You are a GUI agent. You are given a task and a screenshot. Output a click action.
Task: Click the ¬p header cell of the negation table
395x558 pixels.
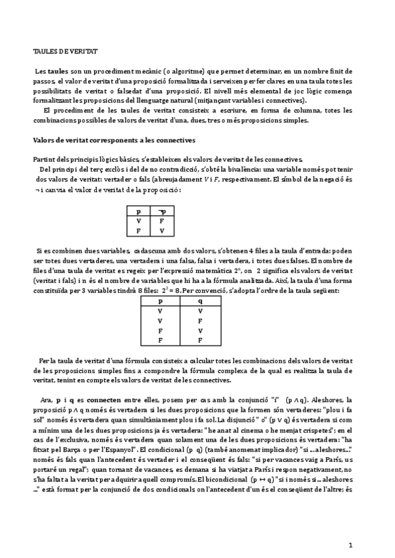(161, 211)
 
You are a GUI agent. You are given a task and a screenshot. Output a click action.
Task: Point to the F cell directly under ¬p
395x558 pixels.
(161, 221)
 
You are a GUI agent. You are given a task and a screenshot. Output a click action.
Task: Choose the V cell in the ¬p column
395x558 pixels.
(161, 231)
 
